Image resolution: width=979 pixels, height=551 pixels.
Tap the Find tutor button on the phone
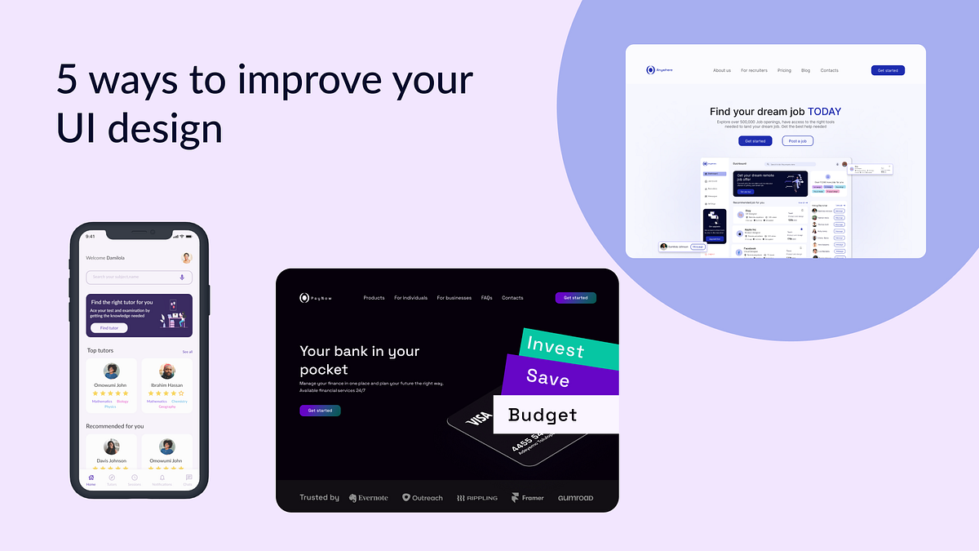point(109,327)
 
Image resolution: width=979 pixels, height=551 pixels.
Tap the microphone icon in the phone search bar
point(182,277)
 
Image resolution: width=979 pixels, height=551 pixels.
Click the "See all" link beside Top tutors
point(188,352)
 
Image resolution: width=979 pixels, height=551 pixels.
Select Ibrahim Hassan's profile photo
point(167,371)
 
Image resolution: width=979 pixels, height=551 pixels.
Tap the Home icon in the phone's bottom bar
point(91,478)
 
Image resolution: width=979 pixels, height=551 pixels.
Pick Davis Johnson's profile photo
point(112,447)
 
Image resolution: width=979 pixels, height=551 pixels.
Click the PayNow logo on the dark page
point(317,298)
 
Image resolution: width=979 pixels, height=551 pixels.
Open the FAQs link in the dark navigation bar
point(486,298)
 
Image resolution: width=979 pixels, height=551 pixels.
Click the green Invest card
point(556,347)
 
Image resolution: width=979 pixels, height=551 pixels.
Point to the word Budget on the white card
point(543,415)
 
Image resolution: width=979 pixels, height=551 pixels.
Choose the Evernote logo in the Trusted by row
point(369,498)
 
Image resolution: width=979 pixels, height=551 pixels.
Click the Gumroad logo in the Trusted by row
point(575,498)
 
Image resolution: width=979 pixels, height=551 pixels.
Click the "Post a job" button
point(798,141)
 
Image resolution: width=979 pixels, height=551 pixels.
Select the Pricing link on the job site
point(784,71)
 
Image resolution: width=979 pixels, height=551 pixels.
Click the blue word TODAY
point(824,112)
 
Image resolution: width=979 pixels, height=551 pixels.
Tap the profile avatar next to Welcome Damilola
point(186,258)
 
